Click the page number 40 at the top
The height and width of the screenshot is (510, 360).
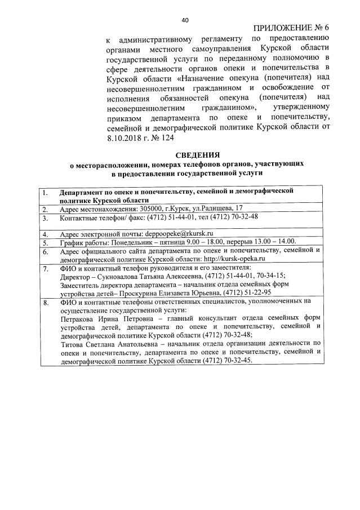tap(185, 20)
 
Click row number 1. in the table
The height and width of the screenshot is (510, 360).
tap(47, 192)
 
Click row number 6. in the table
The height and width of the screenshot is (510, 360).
tap(47, 251)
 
